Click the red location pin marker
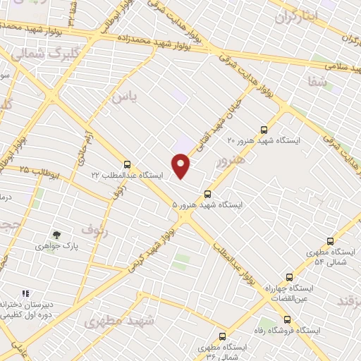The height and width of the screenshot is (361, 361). (x=181, y=166)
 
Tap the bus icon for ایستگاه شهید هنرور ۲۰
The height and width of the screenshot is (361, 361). (x=264, y=130)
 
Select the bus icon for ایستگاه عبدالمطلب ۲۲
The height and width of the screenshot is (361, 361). (x=127, y=164)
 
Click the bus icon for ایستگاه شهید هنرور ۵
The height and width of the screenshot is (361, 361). (x=207, y=194)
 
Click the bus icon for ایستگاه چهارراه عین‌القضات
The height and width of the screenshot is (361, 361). (x=289, y=277)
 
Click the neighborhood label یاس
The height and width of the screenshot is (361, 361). (x=123, y=95)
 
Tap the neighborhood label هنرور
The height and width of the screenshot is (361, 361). (x=231, y=162)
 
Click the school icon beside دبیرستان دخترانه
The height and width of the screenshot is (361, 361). (x=25, y=293)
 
